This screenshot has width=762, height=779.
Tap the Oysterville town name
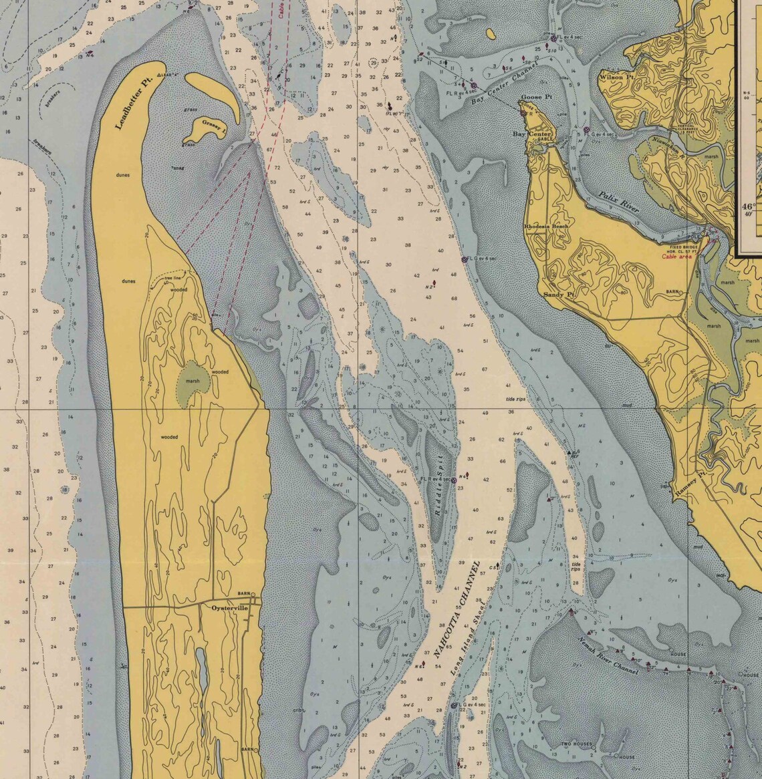pos(229,608)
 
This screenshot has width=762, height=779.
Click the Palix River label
pos(618,199)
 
